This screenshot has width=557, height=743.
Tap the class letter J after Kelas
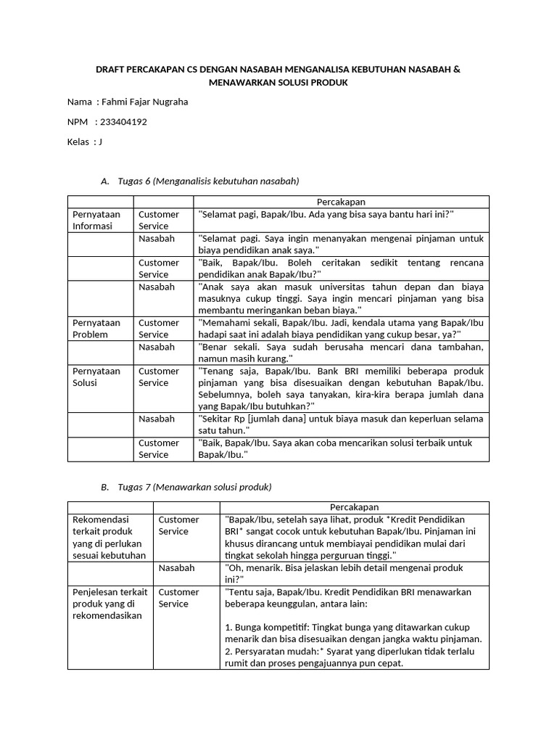[100, 141]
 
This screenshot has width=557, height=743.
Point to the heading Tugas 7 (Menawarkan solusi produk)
[194, 486]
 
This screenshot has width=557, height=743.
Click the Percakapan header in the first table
[341, 202]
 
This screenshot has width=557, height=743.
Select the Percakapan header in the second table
[354, 507]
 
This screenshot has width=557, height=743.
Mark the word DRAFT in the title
[112, 69]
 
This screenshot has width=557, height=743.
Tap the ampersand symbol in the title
[457, 69]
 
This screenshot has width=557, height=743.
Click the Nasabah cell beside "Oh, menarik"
[176, 567]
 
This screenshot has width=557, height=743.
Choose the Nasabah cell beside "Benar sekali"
[157, 347]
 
